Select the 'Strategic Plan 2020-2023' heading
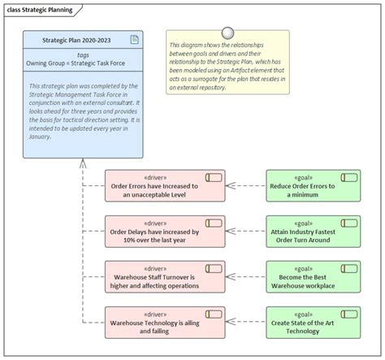pyautogui.click(x=77, y=39)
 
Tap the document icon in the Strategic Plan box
pyautogui.click(x=134, y=38)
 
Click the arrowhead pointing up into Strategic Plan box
pyautogui.click(x=82, y=163)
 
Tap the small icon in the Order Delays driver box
pyautogui.click(x=214, y=222)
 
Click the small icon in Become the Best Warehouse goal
pyautogui.click(x=349, y=267)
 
